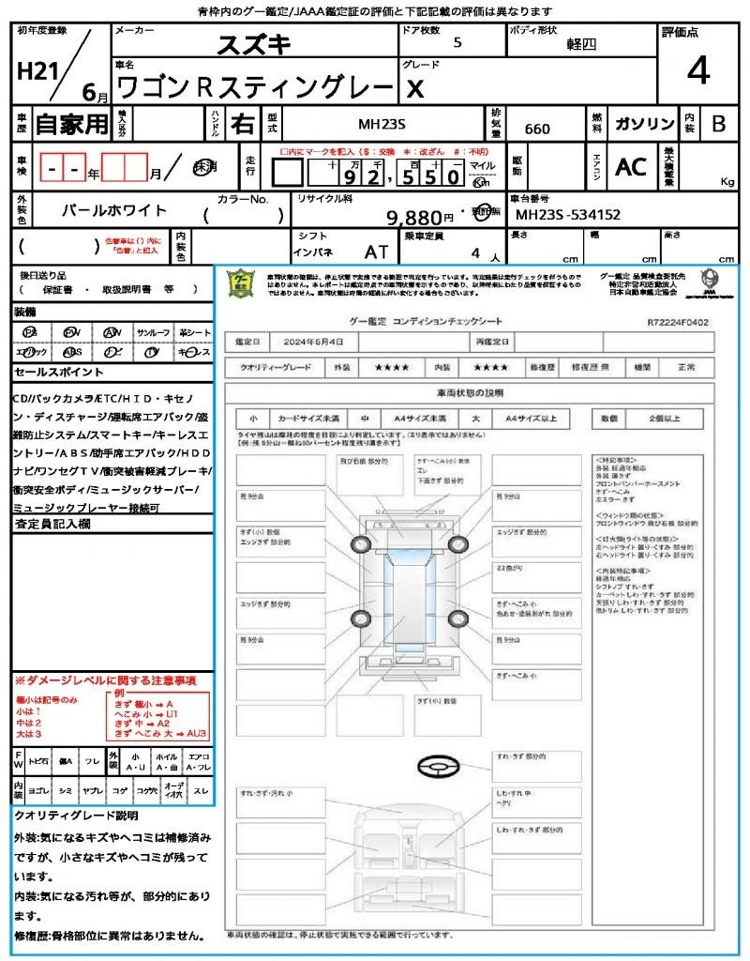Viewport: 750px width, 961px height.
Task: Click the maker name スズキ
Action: [254, 44]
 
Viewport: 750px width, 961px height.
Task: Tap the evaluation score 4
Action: [697, 71]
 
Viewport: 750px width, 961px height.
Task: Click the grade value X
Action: [413, 88]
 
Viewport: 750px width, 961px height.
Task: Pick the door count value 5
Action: [457, 43]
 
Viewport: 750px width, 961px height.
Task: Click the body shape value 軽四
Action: [581, 44]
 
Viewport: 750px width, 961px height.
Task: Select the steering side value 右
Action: [242, 124]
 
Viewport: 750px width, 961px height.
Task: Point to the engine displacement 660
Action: [537, 130]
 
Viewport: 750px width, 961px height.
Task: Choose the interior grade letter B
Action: [718, 124]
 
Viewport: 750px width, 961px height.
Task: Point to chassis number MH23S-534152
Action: [568, 215]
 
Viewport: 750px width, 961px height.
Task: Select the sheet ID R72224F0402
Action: [677, 322]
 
